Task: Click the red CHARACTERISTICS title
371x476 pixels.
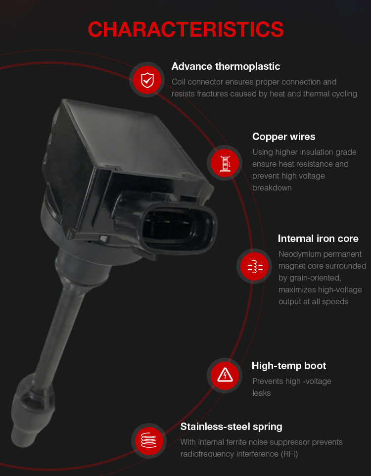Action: [185, 30]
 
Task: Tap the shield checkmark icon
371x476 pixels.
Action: [147, 80]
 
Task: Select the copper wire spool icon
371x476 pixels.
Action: [225, 163]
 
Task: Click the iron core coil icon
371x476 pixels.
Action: [255, 266]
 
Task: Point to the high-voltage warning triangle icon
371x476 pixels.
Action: [225, 375]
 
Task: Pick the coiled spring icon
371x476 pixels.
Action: [149, 440]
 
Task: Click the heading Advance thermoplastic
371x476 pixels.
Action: [226, 66]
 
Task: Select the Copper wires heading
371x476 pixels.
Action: [283, 137]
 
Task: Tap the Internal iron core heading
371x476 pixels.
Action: [318, 238]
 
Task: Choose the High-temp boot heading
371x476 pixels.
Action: [289, 366]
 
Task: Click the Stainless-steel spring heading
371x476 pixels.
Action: [231, 427]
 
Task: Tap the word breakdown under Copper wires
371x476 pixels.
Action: [272, 188]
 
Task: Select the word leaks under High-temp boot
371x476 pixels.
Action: [261, 393]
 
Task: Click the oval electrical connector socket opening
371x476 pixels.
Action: [178, 228]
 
